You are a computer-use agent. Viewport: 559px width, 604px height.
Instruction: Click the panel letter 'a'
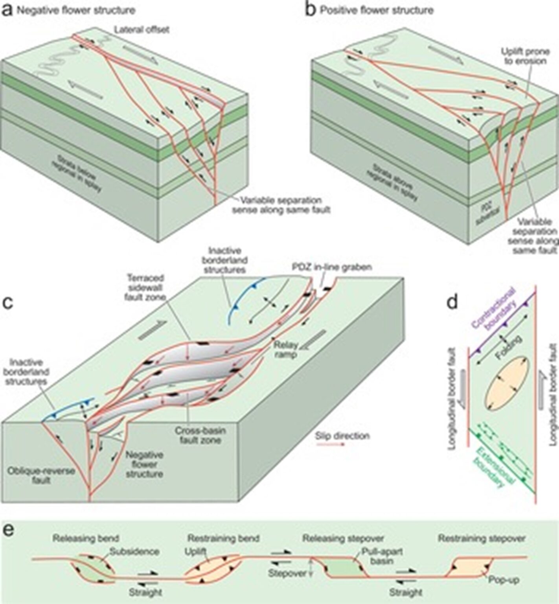click(x=7, y=9)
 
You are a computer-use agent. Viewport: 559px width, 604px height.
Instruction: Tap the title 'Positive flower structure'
click(x=376, y=10)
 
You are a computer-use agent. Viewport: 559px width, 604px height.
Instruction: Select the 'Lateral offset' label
click(x=142, y=30)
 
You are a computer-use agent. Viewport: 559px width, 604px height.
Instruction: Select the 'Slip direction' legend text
click(x=342, y=436)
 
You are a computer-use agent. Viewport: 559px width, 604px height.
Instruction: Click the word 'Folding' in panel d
click(x=509, y=346)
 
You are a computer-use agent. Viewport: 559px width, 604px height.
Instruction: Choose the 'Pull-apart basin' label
click(x=377, y=556)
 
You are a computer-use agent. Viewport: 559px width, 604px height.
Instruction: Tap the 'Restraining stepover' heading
click(x=482, y=538)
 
